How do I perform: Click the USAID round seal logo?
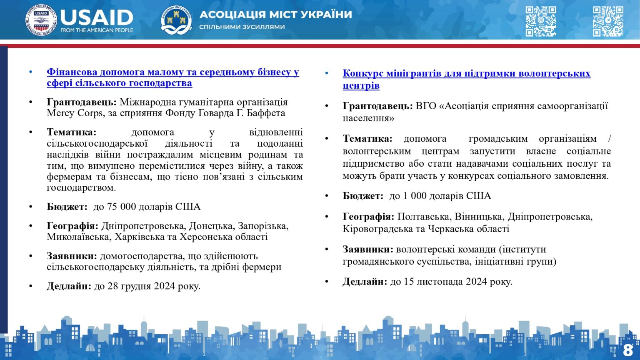[x=41, y=20]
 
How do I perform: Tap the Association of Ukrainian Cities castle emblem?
[x=176, y=20]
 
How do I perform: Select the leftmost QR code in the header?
[x=540, y=21]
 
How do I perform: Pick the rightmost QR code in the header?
[x=608, y=21]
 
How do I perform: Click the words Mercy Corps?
[x=75, y=113]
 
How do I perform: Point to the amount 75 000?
[x=121, y=207]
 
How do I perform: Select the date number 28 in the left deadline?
[x=112, y=286]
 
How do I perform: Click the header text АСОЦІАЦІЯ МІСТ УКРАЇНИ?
[x=276, y=15]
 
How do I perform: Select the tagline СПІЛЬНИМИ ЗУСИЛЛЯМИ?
[x=242, y=27]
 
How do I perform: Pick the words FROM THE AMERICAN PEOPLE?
[x=97, y=30]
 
